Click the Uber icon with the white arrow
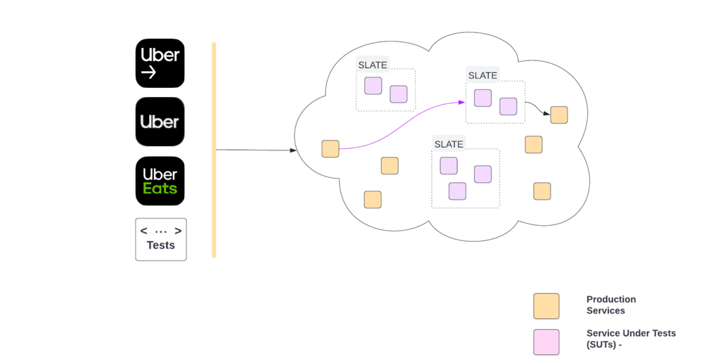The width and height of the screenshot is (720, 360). pyautogui.click(x=160, y=63)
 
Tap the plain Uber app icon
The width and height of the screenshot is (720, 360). pyautogui.click(x=160, y=122)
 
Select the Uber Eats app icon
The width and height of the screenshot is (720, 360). pyautogui.click(x=160, y=181)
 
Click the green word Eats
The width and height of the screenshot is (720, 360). pyautogui.click(x=160, y=188)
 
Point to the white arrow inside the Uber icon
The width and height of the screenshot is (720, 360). pyautogui.click(x=148, y=72)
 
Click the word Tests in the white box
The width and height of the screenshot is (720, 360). pyautogui.click(x=160, y=245)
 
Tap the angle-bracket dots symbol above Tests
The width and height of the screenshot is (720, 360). pyautogui.click(x=160, y=231)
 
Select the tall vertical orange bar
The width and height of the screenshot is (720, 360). pyautogui.click(x=214, y=150)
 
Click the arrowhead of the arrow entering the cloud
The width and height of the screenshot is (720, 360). pyautogui.click(x=293, y=150)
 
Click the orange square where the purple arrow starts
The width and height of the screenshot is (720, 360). pyautogui.click(x=330, y=149)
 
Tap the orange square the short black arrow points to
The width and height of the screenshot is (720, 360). pyautogui.click(x=559, y=115)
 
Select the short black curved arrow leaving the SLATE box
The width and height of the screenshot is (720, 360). pyautogui.click(x=537, y=107)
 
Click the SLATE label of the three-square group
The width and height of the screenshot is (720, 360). pyautogui.click(x=449, y=144)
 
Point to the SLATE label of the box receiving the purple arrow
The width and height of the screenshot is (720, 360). pyautogui.click(x=482, y=75)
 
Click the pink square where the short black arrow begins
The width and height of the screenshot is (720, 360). pyautogui.click(x=508, y=106)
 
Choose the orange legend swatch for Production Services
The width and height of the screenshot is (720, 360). pyautogui.click(x=546, y=306)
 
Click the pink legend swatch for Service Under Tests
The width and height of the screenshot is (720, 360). pyautogui.click(x=546, y=342)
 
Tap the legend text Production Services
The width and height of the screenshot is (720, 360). pyautogui.click(x=610, y=304)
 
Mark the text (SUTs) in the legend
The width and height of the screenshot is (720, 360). pyautogui.click(x=601, y=345)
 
